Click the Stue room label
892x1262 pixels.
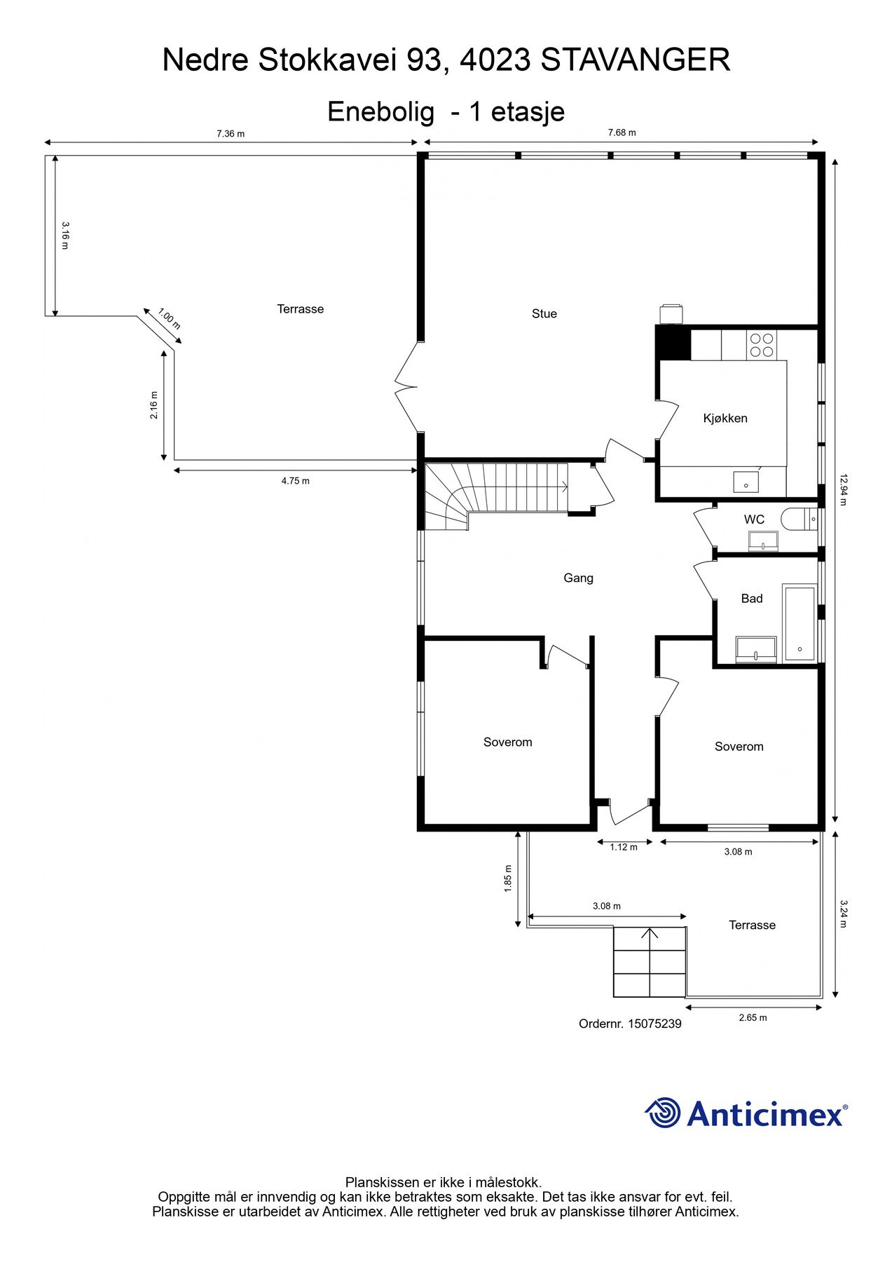coord(544,314)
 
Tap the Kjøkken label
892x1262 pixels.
coord(725,419)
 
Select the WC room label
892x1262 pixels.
coord(754,520)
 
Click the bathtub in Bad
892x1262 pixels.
coord(800,623)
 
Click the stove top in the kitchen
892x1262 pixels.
coord(761,344)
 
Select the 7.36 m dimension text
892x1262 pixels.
coord(231,133)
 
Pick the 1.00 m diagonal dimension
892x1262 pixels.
coord(169,319)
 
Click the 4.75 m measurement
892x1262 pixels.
coord(295,481)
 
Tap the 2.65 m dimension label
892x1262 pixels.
coord(753,1017)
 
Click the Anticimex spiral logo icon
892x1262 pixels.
coord(663,1113)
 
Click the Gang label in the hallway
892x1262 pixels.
coord(578,578)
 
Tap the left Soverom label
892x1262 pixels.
coord(507,742)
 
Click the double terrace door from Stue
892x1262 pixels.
coord(407,386)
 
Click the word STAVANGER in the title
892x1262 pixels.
coord(636,60)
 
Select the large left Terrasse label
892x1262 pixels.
coord(300,309)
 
